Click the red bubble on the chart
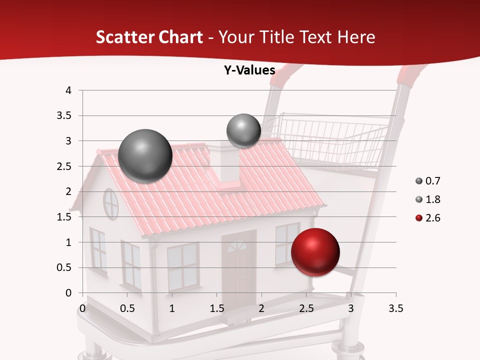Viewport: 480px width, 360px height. click(315, 252)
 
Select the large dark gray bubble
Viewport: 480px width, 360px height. click(145, 156)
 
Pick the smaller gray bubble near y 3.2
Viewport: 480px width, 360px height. click(243, 130)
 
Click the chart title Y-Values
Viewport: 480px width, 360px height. click(249, 70)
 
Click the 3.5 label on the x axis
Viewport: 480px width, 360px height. click(395, 308)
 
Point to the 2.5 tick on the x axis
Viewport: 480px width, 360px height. click(306, 308)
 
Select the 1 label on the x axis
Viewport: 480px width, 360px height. click(172, 308)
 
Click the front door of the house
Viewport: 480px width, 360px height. click(238, 267)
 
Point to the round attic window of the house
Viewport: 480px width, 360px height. click(110, 203)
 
